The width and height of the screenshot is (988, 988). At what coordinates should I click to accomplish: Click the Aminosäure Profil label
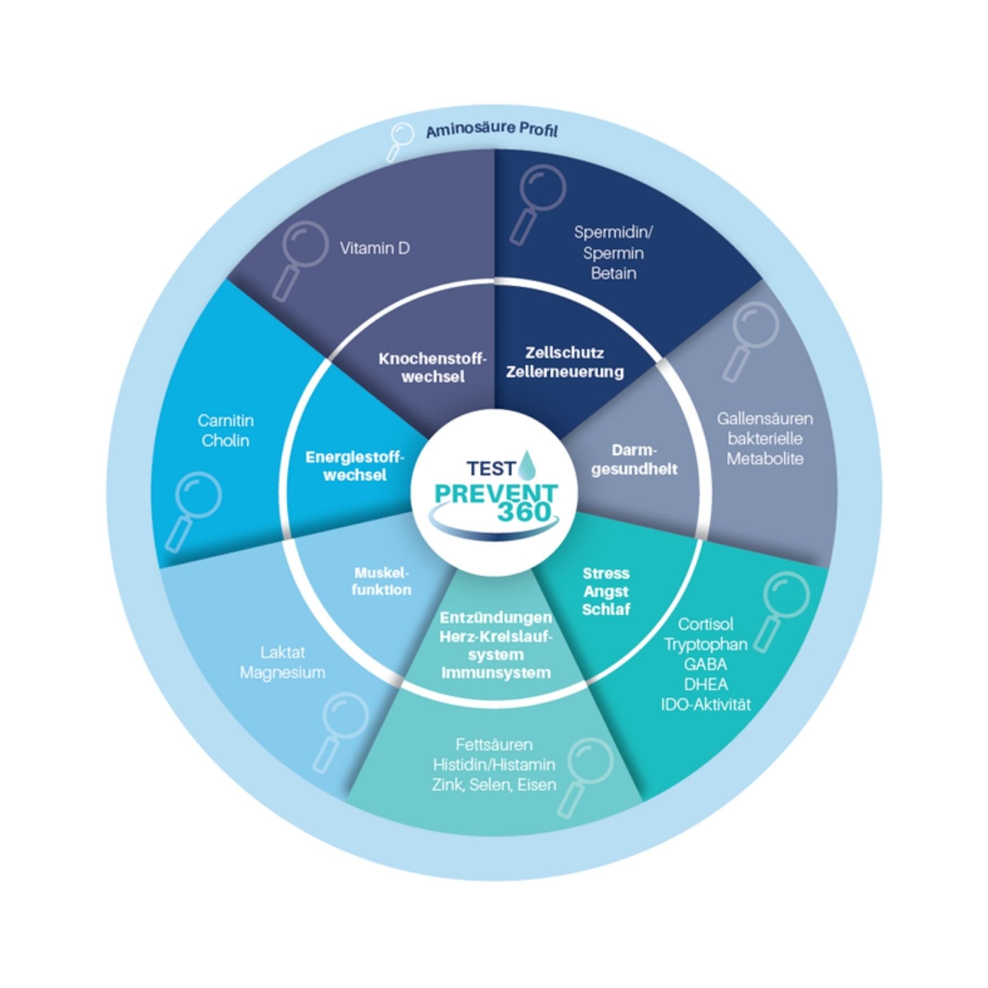click(x=491, y=130)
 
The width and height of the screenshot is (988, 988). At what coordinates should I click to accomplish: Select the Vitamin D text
click(x=374, y=248)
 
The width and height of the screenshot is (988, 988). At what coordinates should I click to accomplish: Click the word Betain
click(x=613, y=273)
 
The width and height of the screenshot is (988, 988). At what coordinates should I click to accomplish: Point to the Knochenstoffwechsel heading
click(x=432, y=368)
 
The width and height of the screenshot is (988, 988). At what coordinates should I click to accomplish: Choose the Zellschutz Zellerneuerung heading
click(x=565, y=362)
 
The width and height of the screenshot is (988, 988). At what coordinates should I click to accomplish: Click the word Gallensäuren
click(x=764, y=418)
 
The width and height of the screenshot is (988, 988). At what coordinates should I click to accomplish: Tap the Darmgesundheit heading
click(x=634, y=460)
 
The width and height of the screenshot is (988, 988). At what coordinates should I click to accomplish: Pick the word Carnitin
click(x=225, y=420)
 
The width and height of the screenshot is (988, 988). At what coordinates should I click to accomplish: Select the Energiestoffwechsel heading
click(x=355, y=465)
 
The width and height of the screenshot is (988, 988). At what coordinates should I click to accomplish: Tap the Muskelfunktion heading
click(x=381, y=581)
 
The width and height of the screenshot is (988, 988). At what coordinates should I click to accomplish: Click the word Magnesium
click(x=282, y=672)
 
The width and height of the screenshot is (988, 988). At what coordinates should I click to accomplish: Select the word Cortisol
click(x=705, y=624)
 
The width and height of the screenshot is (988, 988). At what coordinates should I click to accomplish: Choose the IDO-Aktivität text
click(x=706, y=704)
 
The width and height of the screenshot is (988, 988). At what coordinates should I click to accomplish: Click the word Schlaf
click(x=606, y=609)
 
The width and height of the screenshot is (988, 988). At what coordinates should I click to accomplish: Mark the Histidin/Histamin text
click(x=494, y=764)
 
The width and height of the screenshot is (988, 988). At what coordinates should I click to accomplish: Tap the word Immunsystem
click(x=495, y=672)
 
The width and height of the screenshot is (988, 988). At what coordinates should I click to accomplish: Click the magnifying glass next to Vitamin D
click(x=300, y=256)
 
